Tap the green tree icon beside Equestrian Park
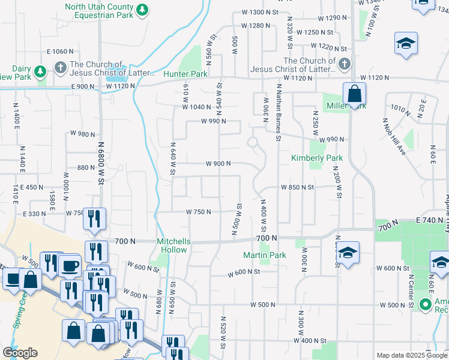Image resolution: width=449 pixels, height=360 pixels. pos(142,10)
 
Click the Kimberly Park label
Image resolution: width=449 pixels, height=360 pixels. pos(317,158)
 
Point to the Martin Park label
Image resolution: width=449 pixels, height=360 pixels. pos(265,256)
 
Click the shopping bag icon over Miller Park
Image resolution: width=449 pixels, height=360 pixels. pos(355,94)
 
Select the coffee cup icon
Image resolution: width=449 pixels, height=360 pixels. pos(70,265)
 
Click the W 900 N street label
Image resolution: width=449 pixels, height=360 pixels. pos(218,164)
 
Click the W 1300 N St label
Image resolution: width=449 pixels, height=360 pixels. pos(261,12)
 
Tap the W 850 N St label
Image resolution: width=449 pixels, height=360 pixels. pos(298,187)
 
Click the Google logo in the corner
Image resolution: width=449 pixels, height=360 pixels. pos(20,353)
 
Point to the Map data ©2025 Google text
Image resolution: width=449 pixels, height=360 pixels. pos(412,355)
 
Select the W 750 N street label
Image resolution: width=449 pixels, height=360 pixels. pos(198,212)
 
